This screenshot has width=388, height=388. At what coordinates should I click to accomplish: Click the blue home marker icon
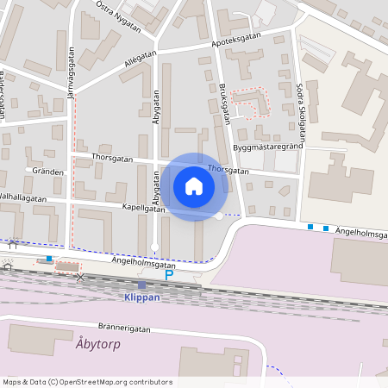[x=194, y=185]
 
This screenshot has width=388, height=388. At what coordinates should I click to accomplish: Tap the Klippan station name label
[x=141, y=297]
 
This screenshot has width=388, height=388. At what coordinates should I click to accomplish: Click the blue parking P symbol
[x=168, y=276]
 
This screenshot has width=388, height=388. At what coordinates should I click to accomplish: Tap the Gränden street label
[x=48, y=172]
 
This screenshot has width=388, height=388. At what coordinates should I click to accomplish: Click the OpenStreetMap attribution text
[x=87, y=382]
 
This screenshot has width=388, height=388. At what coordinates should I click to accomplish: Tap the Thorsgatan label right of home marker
[x=228, y=171]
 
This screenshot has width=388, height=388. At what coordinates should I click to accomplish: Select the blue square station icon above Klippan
[x=141, y=285]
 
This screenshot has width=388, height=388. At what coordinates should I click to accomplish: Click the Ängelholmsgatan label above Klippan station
[x=143, y=265]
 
